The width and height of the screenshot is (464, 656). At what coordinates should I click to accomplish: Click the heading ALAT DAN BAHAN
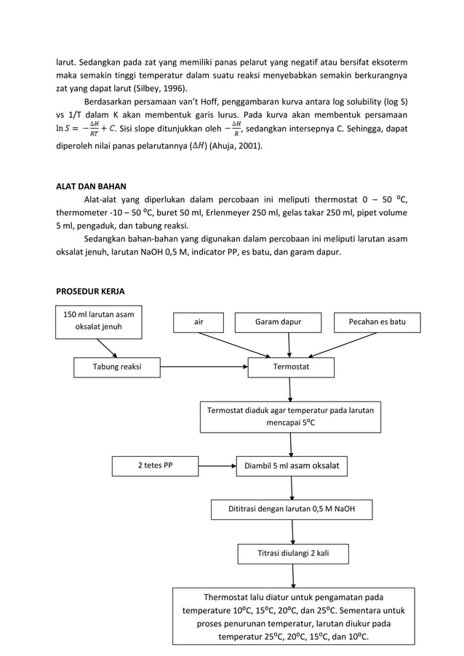[91, 185]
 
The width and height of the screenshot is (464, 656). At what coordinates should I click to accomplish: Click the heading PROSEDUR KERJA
[90, 292]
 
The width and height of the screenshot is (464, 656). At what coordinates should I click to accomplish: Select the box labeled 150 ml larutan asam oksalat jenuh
[99, 321]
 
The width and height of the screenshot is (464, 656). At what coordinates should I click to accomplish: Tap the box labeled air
[199, 321]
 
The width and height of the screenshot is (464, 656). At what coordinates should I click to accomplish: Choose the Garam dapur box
[278, 321]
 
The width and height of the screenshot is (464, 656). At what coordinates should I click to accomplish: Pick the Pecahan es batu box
[377, 321]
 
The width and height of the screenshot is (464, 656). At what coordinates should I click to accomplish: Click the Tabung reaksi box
[117, 367]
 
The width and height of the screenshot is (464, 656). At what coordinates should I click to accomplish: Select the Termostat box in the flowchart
[291, 367]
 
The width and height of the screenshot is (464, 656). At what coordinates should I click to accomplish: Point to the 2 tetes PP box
[155, 465]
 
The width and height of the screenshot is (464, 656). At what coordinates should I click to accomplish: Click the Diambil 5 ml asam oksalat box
[290, 465]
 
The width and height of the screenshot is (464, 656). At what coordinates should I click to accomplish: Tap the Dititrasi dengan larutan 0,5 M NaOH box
[292, 509]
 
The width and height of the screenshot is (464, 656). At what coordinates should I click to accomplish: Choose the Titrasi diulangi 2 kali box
[293, 553]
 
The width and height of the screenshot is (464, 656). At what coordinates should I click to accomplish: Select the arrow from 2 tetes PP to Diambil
[217, 465]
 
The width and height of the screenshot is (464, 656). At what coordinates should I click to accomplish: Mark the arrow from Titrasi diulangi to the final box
[293, 575]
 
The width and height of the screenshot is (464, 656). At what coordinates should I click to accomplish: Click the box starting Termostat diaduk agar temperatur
[290, 417]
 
